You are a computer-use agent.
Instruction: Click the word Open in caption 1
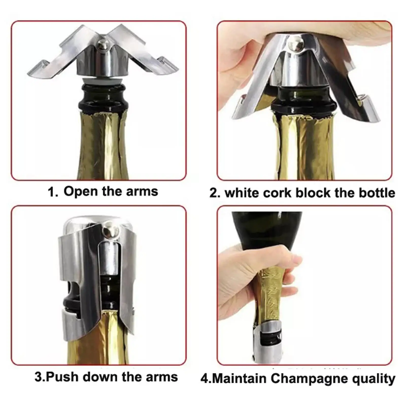coord(81,192)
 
